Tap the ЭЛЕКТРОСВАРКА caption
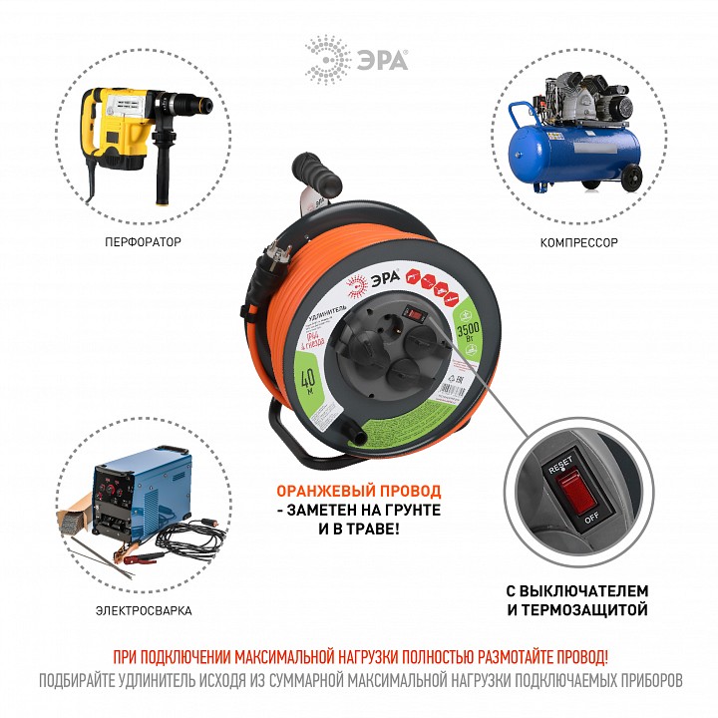pos(146,610)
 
